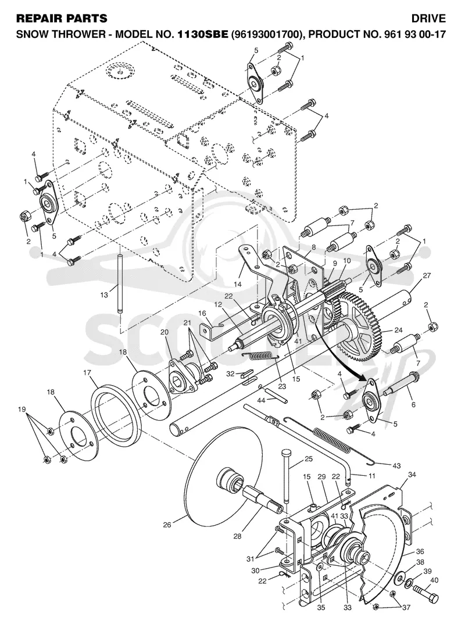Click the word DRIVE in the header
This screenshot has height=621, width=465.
(428, 18)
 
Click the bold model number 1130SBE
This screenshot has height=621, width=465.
(202, 34)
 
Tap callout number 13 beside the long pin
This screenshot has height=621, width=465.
(104, 295)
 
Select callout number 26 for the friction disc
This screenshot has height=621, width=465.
(167, 525)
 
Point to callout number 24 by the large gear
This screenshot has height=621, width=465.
(398, 330)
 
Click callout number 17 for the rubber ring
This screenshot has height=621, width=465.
(87, 373)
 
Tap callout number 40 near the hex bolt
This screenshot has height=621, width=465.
(434, 580)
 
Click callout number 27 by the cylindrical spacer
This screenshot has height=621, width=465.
(427, 276)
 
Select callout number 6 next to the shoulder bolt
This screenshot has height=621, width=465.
(413, 404)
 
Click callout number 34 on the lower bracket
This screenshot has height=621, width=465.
(412, 475)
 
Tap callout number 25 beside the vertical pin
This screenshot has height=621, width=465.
(309, 458)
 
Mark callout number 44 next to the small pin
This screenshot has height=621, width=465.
(261, 401)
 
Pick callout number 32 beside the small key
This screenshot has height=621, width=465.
(230, 374)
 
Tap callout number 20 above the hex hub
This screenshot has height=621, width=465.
(164, 332)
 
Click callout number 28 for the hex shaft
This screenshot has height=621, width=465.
(237, 536)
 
